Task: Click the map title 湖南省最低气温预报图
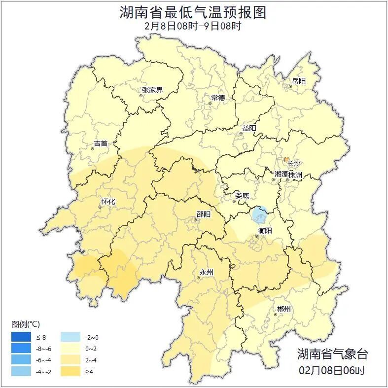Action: click(x=193, y=12)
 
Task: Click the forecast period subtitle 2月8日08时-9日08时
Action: click(x=193, y=26)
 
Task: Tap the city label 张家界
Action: click(x=152, y=90)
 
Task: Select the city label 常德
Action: click(x=217, y=98)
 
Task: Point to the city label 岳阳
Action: click(x=299, y=80)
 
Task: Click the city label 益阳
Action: click(x=249, y=128)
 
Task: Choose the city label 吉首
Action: click(x=100, y=143)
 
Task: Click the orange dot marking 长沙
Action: click(x=286, y=159)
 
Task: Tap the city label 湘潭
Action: click(x=281, y=175)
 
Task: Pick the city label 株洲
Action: click(x=295, y=175)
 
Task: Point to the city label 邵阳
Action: click(x=203, y=214)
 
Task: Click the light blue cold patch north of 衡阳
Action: click(x=259, y=214)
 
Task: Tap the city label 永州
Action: click(x=206, y=272)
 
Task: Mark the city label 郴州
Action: click(x=284, y=309)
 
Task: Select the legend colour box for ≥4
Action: click(x=71, y=371)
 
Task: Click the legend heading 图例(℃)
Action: click(x=26, y=324)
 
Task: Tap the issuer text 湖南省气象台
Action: click(x=332, y=353)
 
